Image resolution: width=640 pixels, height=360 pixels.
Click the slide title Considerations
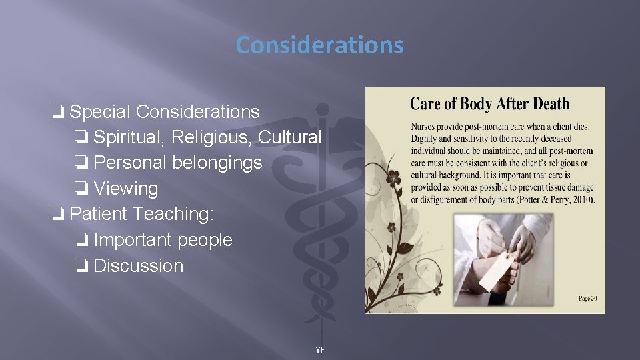pyautogui.click(x=319, y=45)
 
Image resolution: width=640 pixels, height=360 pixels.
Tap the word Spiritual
pyautogui.click(x=129, y=137)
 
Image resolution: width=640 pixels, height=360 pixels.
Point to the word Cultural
pyautogui.click(x=289, y=137)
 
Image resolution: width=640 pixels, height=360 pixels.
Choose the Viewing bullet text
pyautogui.click(x=126, y=189)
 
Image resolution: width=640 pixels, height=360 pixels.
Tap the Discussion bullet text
pyautogui.click(x=138, y=265)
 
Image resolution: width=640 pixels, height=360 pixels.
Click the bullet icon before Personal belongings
pyautogui.click(x=81, y=163)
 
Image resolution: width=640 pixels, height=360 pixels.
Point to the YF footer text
pyautogui.click(x=320, y=350)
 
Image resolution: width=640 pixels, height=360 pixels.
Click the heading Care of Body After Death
pyautogui.click(x=489, y=104)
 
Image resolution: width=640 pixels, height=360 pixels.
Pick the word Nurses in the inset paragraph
pyautogui.click(x=426, y=126)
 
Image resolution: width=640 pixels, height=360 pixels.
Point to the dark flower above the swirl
pyautogui.click(x=395, y=178)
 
